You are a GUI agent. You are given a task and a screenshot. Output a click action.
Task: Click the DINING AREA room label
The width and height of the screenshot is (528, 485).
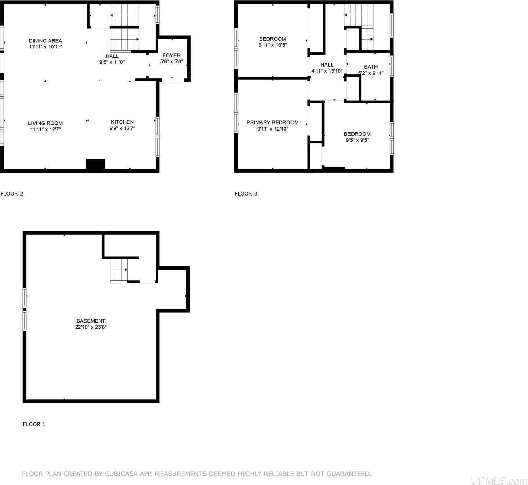tap(45, 41)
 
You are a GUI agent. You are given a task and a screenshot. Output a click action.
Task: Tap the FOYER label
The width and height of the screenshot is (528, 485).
tap(171, 55)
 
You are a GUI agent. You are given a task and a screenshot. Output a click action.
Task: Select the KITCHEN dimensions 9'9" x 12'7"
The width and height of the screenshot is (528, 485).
tap(122, 129)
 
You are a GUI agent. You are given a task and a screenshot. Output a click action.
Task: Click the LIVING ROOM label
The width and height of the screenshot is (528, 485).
tap(45, 123)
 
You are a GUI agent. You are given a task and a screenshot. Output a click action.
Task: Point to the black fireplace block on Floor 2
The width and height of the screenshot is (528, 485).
tap(95, 164)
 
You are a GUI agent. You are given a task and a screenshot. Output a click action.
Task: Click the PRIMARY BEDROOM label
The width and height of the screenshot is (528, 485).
tap(272, 122)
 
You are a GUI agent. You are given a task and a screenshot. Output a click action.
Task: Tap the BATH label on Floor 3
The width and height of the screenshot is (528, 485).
tap(370, 67)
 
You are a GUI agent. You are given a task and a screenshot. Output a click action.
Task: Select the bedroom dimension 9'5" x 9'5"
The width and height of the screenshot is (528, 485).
tap(357, 140)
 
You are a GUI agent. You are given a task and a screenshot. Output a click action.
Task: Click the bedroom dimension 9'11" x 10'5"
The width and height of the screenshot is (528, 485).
tap(272, 45)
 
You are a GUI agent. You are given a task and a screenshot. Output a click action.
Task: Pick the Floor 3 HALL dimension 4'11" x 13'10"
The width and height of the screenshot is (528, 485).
tap(327, 71)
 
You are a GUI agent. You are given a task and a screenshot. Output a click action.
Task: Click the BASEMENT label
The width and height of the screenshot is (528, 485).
tap(91, 321)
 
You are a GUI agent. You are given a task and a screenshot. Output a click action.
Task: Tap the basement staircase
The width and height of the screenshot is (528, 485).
tap(119, 270)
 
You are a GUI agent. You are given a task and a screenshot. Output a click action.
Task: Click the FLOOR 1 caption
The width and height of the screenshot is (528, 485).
tap(34, 424)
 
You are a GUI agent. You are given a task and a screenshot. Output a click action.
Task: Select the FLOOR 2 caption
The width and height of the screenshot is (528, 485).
tap(12, 194)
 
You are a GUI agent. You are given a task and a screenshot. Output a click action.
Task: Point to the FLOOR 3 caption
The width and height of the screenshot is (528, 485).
tap(246, 194)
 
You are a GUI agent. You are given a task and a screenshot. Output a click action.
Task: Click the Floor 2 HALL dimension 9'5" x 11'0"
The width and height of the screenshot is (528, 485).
tap(112, 62)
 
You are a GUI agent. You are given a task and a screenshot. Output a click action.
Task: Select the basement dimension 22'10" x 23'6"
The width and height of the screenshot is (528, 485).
tap(91, 327)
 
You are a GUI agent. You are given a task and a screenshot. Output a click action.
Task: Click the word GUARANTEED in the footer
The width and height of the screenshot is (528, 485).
tap(348, 474)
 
